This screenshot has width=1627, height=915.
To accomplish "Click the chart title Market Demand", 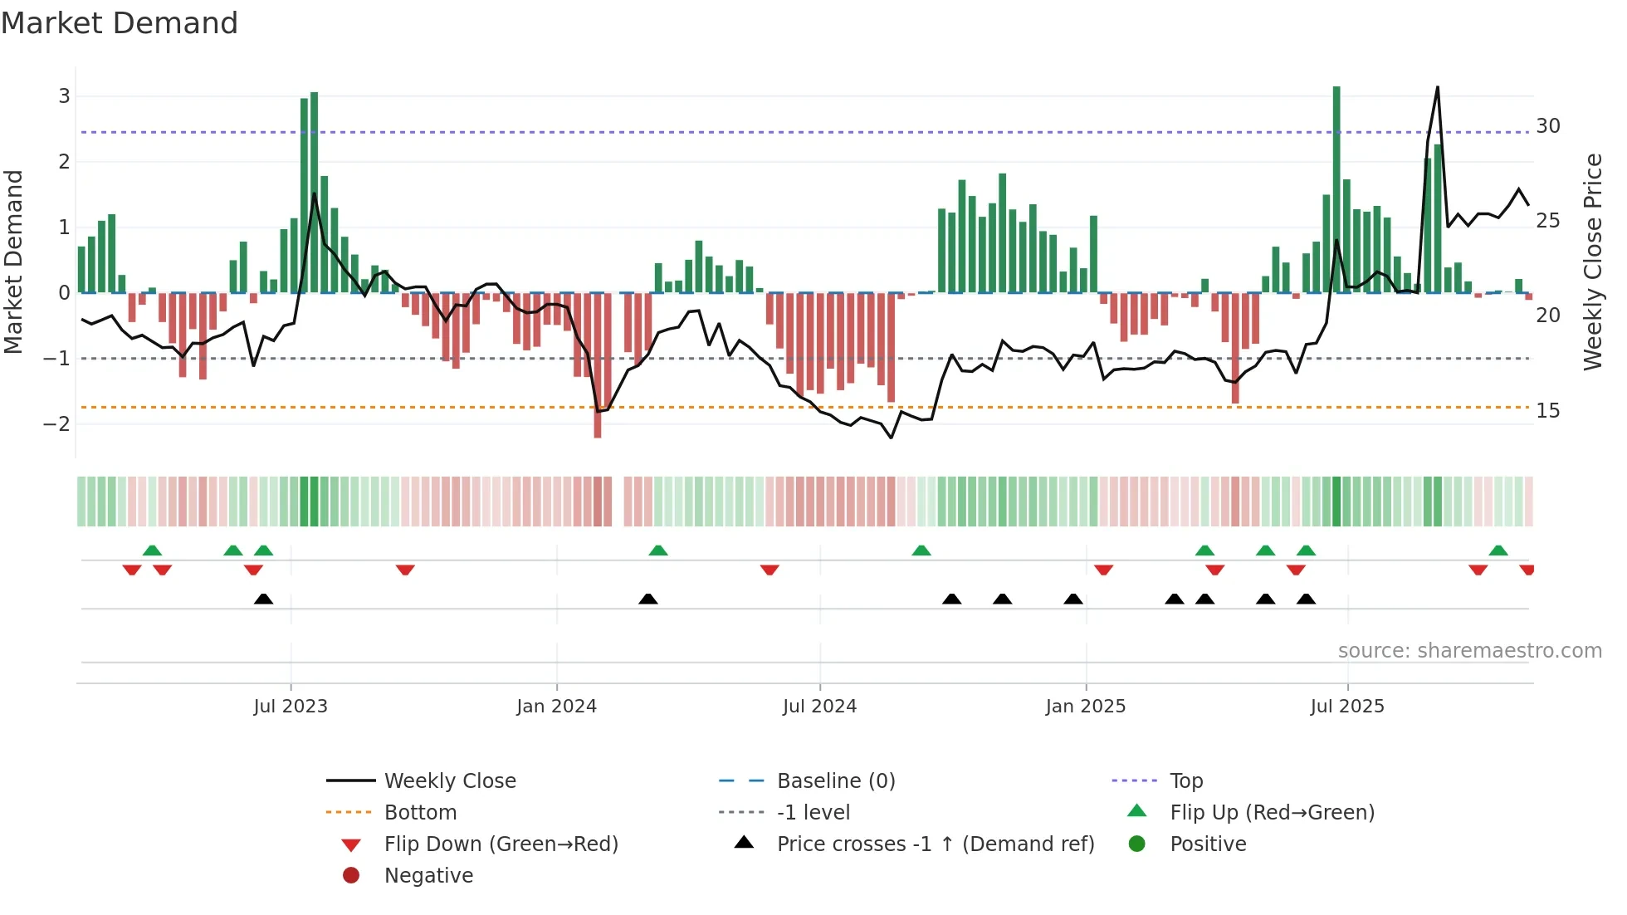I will (x=120, y=23).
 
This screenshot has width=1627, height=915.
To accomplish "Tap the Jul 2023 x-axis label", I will (x=291, y=707).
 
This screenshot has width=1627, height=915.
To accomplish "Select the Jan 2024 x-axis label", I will (x=556, y=707).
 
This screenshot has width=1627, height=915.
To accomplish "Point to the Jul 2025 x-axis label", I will (x=1347, y=707).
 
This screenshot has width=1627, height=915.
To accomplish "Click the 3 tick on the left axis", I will (x=64, y=96).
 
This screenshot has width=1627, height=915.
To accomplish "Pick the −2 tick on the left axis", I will (x=57, y=424).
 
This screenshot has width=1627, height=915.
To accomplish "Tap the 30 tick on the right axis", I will (x=1548, y=126).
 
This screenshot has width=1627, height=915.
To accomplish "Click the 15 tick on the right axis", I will (x=1548, y=411).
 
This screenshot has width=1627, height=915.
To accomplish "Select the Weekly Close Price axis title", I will (x=1592, y=262).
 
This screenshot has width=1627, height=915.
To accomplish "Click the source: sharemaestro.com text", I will (x=1469, y=651).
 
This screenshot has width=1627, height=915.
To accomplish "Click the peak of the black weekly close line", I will (x=1437, y=88).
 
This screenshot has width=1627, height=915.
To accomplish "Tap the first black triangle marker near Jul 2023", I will (x=263, y=599).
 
